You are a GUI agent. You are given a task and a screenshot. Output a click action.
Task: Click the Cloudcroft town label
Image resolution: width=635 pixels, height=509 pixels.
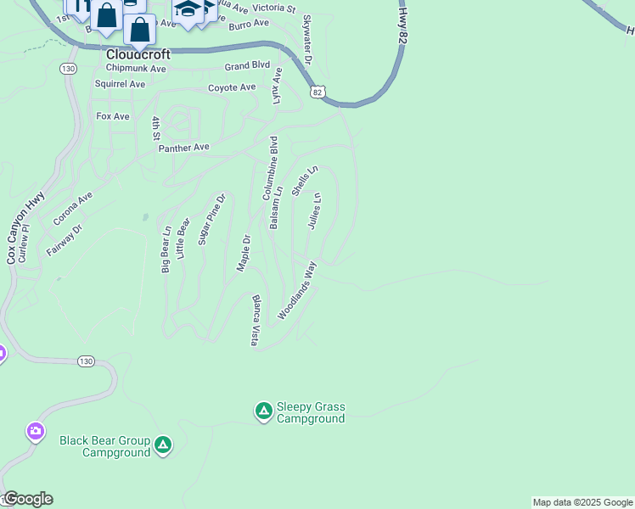138,53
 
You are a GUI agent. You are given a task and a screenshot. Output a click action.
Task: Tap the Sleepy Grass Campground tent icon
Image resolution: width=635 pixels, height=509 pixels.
263,412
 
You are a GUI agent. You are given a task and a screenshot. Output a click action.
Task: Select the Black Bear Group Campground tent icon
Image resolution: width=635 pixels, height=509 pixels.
163,445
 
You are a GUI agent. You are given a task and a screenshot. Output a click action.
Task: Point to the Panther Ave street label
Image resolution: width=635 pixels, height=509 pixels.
183,148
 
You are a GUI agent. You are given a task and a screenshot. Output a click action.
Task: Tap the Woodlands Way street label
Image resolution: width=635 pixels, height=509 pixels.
297,290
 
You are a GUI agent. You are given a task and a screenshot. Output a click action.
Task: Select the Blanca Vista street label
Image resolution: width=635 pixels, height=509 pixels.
254,321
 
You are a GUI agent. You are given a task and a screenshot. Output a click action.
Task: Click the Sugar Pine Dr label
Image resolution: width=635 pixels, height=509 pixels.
212,220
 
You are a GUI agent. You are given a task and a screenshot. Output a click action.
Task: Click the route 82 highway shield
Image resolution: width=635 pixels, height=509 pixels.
317,92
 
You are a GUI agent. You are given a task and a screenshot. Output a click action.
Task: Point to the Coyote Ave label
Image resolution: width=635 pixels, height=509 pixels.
232,87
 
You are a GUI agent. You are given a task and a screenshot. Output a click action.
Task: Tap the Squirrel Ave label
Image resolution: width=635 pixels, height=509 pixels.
120,84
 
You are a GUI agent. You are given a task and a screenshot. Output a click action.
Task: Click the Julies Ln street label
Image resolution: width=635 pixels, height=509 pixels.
313,211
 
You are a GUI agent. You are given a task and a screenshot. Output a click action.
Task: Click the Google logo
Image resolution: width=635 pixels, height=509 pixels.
27,499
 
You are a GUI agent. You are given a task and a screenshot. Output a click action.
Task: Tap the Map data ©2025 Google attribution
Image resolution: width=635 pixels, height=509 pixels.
582,502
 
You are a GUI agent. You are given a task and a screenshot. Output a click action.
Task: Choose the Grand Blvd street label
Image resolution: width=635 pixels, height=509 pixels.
247,65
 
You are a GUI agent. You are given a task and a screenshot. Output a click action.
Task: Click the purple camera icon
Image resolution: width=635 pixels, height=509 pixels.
35,432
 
